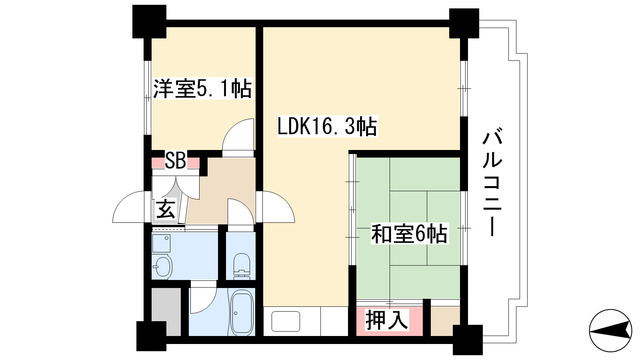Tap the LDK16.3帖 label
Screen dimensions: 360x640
coord(326,128)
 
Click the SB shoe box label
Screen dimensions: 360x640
coord(175,160)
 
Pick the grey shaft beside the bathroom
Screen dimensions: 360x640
coord(168,311)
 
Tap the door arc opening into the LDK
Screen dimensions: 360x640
coord(275,208)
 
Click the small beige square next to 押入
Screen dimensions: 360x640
coord(440,321)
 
